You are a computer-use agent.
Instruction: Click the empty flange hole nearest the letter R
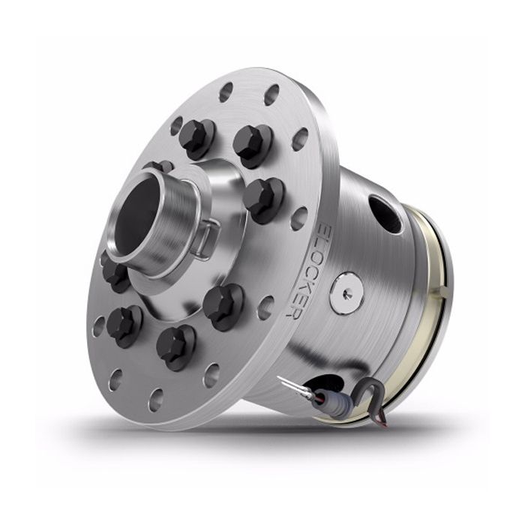[265, 307]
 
